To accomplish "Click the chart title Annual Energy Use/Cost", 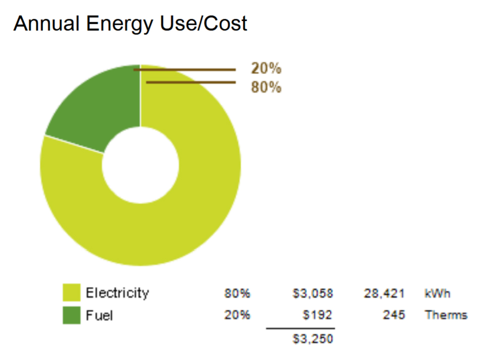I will [x=130, y=24].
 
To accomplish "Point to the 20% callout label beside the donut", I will [x=266, y=69].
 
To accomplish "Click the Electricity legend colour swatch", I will [x=72, y=293].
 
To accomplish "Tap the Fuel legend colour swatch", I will [x=72, y=315].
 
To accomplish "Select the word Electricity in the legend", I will [x=117, y=293].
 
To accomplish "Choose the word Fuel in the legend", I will [x=99, y=316].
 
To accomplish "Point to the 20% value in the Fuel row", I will [x=237, y=316].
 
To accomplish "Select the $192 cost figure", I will [x=318, y=316].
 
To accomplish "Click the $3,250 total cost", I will [x=313, y=339].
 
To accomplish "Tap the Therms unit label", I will [x=446, y=316].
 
